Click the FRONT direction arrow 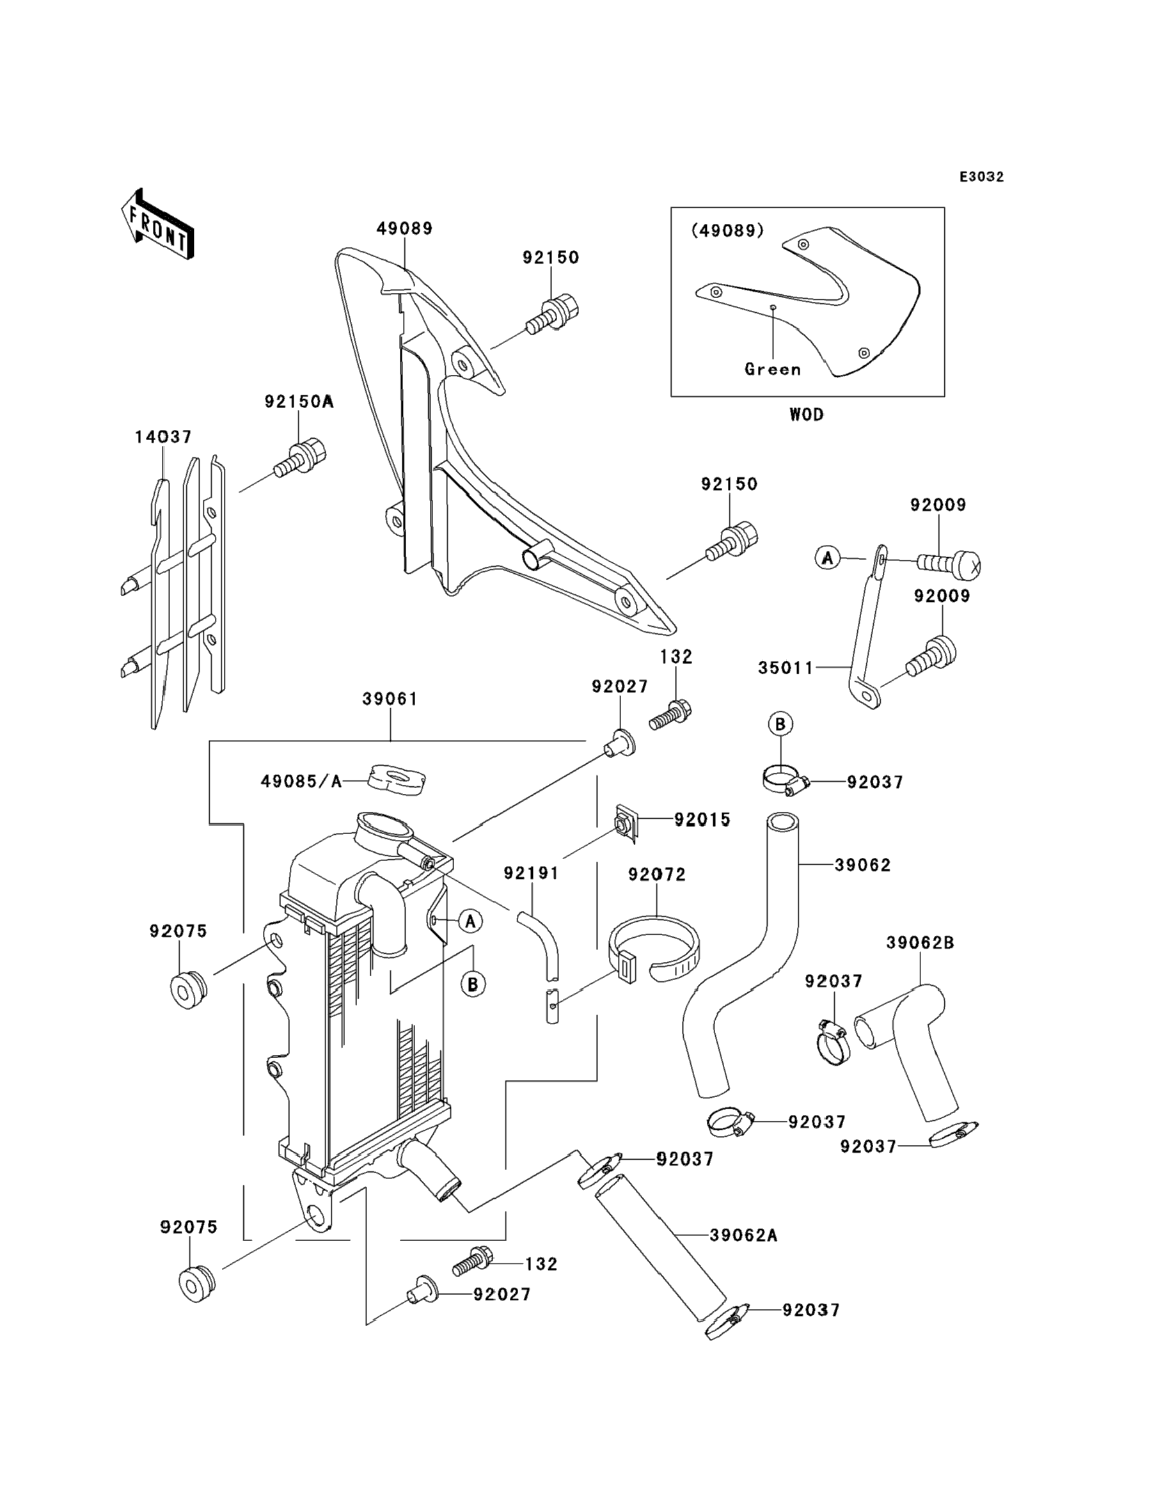tap(157, 225)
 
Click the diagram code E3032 tap(981, 177)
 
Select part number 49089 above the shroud tap(404, 229)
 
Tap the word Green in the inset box tap(773, 370)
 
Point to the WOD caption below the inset tap(807, 415)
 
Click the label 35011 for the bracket tap(786, 668)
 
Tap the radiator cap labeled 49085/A tap(397, 781)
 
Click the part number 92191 tap(531, 873)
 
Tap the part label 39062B tap(921, 943)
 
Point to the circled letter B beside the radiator tap(473, 985)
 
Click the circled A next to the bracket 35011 tap(828, 558)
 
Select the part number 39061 tap(390, 699)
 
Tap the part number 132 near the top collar tap(676, 656)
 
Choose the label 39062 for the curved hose tap(863, 866)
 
